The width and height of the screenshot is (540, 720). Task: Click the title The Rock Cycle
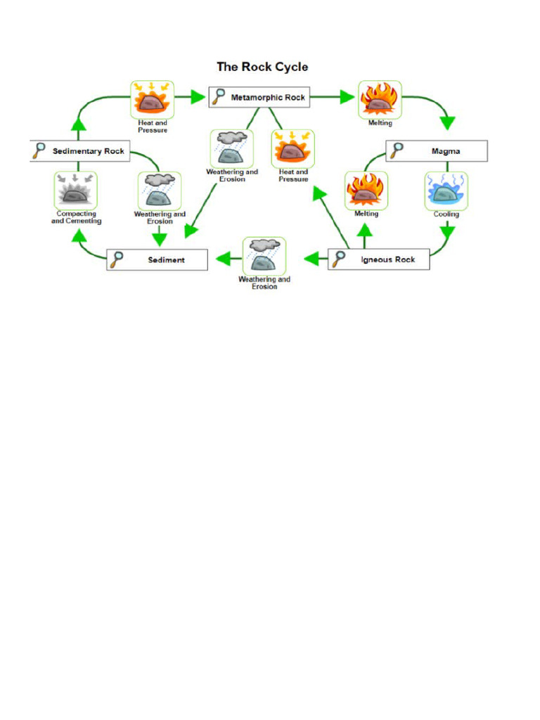(262, 67)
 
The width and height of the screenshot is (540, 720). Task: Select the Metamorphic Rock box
(259, 98)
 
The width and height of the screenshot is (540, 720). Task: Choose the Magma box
(436, 151)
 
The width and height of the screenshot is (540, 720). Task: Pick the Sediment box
(157, 260)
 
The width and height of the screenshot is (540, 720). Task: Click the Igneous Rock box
(378, 260)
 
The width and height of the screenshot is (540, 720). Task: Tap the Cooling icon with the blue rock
(446, 191)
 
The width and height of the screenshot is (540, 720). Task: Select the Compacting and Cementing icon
(76, 191)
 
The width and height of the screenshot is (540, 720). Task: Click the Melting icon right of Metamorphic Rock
(380, 100)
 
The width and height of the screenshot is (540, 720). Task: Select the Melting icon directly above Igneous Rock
(366, 191)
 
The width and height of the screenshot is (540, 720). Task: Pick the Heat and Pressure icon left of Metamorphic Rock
(152, 100)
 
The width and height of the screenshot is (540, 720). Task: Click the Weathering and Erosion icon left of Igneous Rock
(264, 256)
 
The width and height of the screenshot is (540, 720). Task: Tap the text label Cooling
(446, 214)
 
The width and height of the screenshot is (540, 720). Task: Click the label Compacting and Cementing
(76, 217)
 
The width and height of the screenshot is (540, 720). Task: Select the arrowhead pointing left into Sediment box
(224, 259)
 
